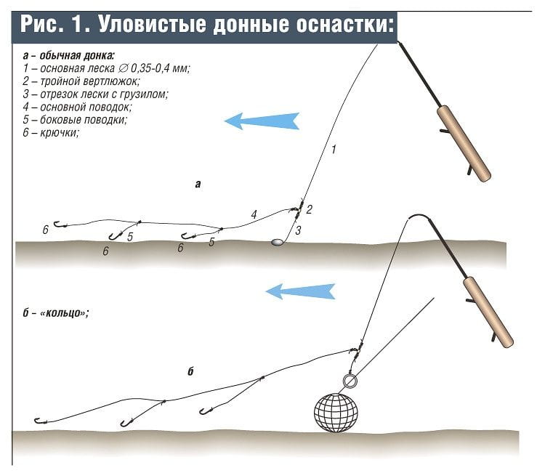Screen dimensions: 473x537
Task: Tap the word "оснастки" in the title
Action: pos(341,25)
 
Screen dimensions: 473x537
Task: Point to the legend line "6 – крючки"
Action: pos(50,133)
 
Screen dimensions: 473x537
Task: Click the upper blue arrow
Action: pos(262,121)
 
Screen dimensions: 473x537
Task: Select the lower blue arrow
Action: pos(299,291)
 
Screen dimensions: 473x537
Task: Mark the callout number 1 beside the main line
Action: pos(334,150)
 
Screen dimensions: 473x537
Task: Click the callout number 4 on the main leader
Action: pos(254,214)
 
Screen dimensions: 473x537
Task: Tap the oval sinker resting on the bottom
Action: pos(276,242)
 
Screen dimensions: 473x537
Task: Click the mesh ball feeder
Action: pos(336,412)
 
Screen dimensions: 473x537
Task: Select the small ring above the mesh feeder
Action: pos(349,381)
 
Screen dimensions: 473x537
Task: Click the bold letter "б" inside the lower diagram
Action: pos(190,372)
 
